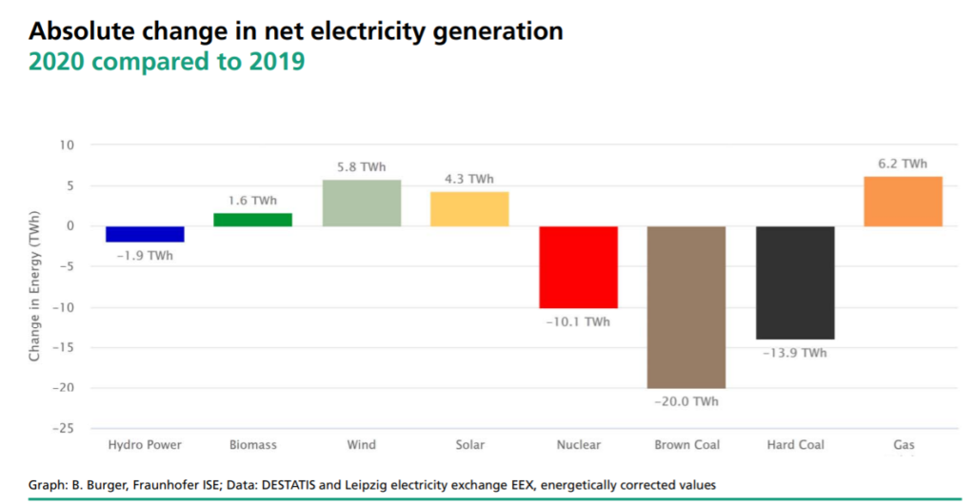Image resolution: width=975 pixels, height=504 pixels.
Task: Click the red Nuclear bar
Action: coord(578,267)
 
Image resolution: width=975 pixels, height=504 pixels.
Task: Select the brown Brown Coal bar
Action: coord(686,307)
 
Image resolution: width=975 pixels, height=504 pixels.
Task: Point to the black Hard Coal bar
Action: coord(795,282)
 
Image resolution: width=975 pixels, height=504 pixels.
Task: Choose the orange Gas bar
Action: coord(903,202)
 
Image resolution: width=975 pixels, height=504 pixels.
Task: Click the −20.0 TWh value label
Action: coord(686,402)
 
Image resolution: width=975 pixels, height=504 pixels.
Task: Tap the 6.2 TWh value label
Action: coord(903,164)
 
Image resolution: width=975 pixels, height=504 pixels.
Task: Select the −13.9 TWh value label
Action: coord(795,353)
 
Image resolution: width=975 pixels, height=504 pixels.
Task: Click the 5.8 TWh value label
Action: coord(361,167)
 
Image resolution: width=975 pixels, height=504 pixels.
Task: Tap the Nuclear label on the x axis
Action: coord(578,445)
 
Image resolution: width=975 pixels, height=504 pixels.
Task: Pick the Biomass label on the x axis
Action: coord(252,445)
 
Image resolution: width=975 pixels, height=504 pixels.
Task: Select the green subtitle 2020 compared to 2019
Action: coord(167,63)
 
